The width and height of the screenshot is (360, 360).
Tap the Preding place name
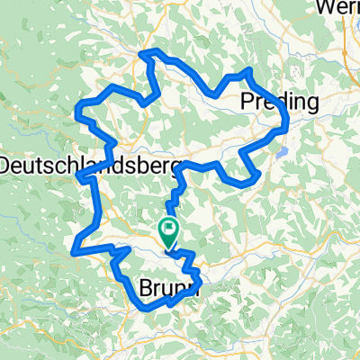point(280,103)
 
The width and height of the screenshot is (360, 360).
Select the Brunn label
point(168,288)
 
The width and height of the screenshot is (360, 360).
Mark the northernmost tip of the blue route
point(151,51)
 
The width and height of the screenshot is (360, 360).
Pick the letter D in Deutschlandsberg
point(6,166)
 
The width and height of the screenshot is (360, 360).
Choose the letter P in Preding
point(247,103)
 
